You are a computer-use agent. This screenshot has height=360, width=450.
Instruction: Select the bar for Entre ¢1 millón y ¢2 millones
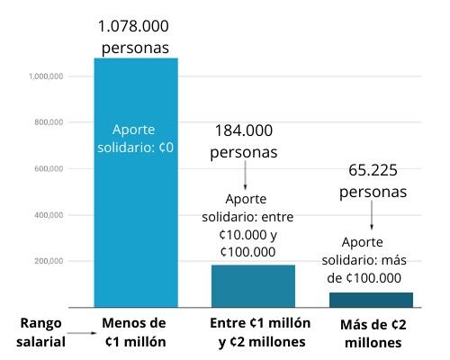(253, 286)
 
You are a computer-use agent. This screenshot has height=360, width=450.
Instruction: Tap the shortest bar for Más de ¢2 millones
(371, 300)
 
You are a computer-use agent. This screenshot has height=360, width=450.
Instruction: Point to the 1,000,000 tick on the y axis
(45, 76)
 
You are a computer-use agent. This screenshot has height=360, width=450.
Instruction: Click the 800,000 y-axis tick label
(48, 122)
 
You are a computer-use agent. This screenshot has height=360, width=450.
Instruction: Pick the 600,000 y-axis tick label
(48, 169)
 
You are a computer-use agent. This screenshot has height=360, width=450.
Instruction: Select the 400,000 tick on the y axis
(48, 216)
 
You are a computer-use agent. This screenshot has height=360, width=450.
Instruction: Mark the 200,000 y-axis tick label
(48, 262)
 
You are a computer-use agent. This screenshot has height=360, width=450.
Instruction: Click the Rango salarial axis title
(41, 330)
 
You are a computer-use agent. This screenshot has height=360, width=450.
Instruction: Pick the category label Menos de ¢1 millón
(135, 332)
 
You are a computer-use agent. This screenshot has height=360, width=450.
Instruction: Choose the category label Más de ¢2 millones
(373, 332)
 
